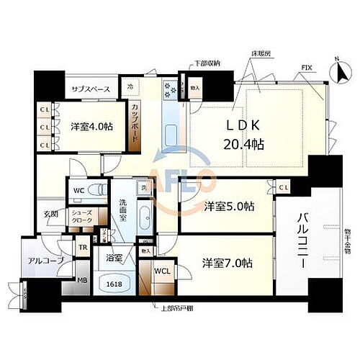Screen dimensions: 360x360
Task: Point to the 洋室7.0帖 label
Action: pyautogui.click(x=228, y=264)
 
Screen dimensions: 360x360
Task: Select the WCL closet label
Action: pyautogui.click(x=162, y=272)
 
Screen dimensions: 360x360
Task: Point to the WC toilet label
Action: pyautogui.click(x=79, y=191)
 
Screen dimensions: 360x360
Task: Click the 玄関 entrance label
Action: pyautogui.click(x=50, y=214)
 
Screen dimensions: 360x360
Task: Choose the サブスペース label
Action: pyautogui.click(x=90, y=89)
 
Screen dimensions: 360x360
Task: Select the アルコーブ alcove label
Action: pyautogui.click(x=45, y=260)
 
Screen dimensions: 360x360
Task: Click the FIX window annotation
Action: pyautogui.click(x=307, y=69)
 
